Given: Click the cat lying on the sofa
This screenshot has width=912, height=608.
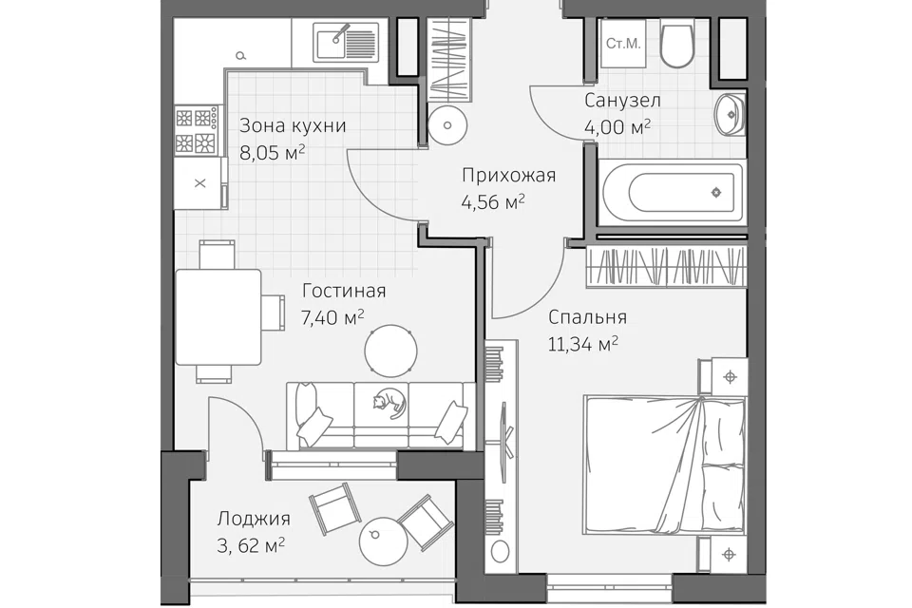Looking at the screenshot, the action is (388, 403).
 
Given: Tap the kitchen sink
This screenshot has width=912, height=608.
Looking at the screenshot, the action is (346, 41).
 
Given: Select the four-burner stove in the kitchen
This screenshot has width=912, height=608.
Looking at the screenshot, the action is (198, 131).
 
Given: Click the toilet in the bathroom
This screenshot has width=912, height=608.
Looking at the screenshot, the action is (676, 44).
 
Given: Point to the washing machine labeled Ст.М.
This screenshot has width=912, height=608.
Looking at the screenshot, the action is (623, 44).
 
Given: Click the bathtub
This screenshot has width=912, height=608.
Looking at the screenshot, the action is (672, 192).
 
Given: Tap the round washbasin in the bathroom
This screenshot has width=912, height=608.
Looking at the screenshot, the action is (730, 114).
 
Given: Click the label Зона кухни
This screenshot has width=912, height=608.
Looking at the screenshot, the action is (293, 125).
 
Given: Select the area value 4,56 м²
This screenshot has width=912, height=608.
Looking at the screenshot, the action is (493, 202).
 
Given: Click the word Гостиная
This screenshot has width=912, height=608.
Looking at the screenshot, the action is (344, 291).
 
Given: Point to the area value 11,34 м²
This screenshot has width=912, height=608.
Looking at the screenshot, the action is (582, 345).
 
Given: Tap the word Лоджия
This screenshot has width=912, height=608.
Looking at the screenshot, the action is (254, 519).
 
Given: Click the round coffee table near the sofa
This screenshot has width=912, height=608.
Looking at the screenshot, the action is (390, 351).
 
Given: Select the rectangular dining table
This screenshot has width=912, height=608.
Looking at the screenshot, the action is (218, 317).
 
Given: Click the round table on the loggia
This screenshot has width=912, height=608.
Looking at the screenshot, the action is (383, 541).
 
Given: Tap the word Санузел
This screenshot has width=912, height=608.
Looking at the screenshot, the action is (622, 101).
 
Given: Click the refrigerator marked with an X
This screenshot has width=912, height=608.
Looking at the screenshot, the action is (200, 182).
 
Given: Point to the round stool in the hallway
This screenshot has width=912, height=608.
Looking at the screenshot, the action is (446, 125).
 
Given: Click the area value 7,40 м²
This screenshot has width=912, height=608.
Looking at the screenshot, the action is (332, 317).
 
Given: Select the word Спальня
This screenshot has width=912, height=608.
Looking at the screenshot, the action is (587, 317).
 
